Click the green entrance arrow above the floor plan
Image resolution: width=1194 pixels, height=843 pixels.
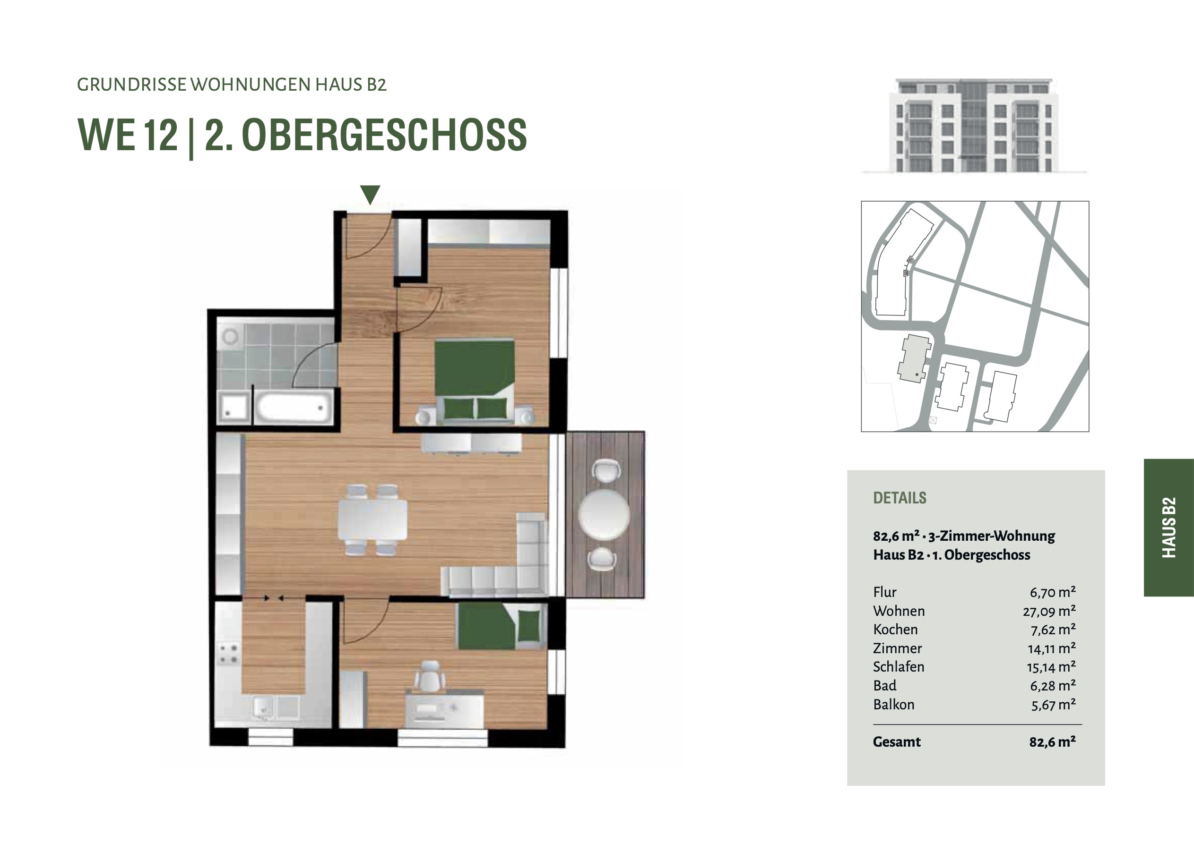click(x=370, y=195)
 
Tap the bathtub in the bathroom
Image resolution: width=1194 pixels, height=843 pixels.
click(x=294, y=407)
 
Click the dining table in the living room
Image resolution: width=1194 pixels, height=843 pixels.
click(x=372, y=519)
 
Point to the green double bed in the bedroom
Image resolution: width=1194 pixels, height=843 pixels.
click(x=475, y=379)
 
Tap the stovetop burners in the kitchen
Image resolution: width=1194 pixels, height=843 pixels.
click(x=229, y=654)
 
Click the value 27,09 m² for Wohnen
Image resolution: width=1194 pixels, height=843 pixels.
click(x=1049, y=611)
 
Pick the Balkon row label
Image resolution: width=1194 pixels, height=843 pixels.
click(x=893, y=704)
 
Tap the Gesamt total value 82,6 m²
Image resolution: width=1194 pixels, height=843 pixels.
click(x=1052, y=741)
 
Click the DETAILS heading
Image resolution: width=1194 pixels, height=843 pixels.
click(x=900, y=498)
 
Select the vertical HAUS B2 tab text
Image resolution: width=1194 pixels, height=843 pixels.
click(x=1168, y=528)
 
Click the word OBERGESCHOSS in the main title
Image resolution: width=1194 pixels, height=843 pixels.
click(x=384, y=135)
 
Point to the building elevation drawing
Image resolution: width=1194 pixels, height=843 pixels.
click(x=974, y=125)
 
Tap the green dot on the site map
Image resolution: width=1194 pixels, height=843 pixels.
click(x=917, y=374)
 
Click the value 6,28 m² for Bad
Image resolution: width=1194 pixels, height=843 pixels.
click(x=1053, y=686)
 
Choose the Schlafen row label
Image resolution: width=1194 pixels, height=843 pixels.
click(x=899, y=667)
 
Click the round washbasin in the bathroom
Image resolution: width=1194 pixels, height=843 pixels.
click(x=230, y=336)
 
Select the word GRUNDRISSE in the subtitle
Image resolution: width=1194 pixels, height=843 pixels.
click(x=131, y=85)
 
